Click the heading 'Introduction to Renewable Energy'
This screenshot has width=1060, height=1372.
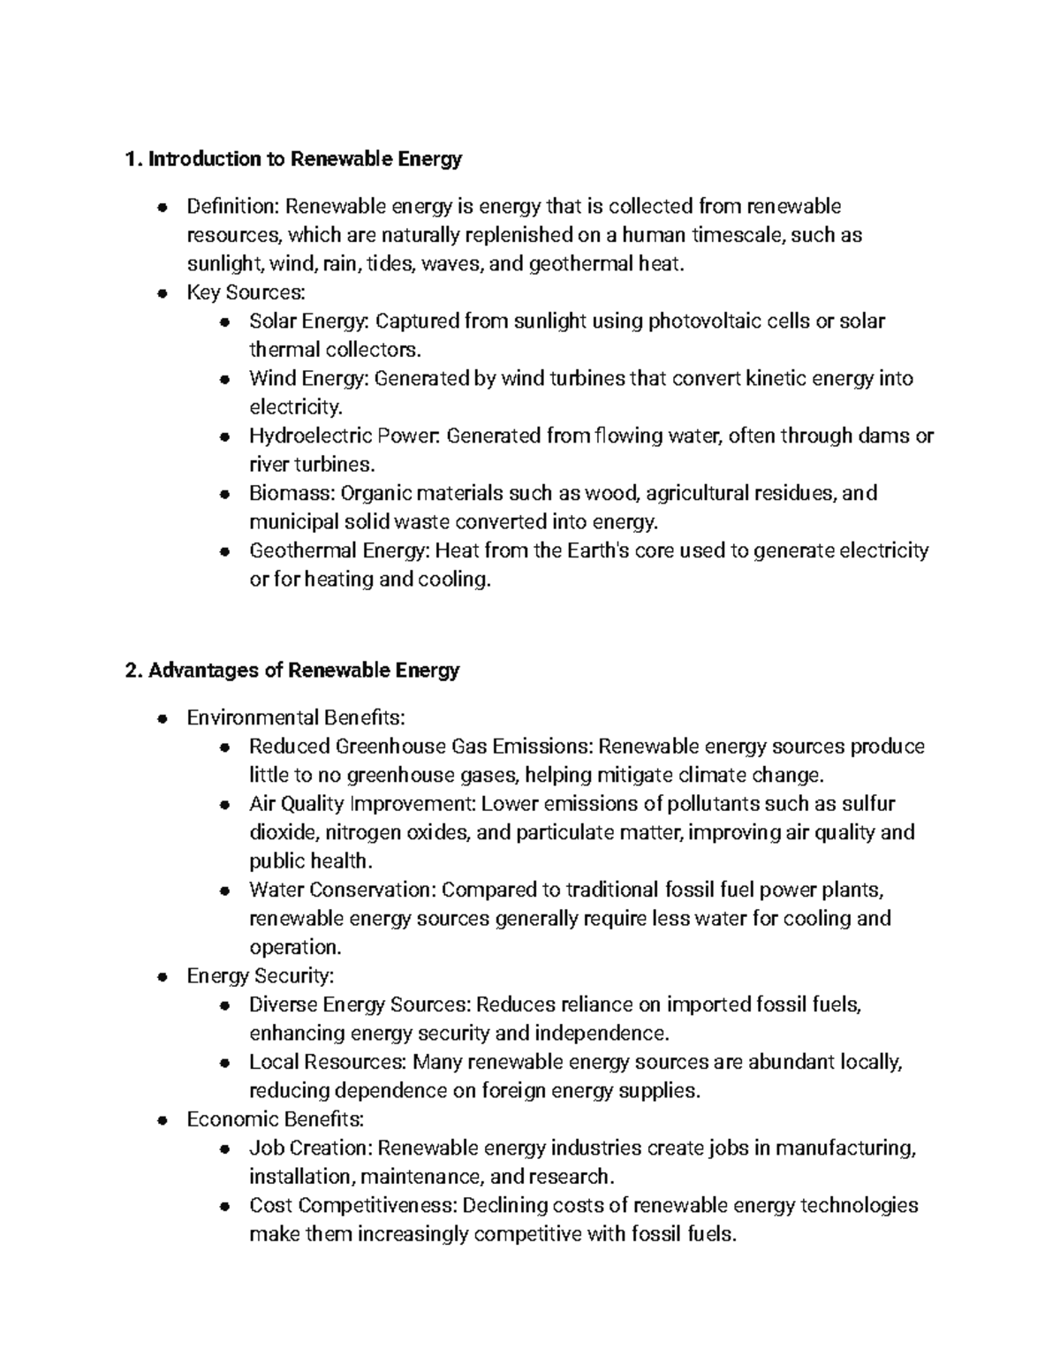305,159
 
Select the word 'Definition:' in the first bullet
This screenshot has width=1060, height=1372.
232,207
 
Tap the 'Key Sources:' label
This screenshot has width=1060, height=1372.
232,292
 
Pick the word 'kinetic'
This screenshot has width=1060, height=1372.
776,379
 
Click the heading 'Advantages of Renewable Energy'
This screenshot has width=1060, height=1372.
304,671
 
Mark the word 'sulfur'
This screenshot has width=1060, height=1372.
868,804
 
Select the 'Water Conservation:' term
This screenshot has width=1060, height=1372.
342,890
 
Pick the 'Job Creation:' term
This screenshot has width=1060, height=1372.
313,1148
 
